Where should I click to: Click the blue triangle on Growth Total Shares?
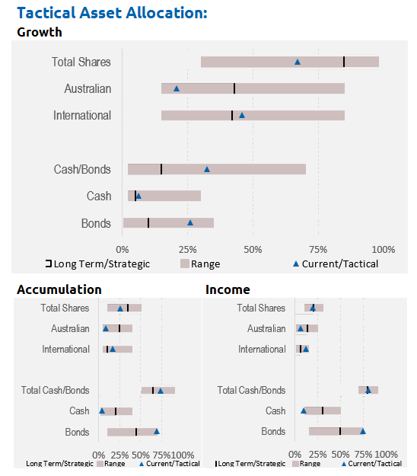[x=298, y=62]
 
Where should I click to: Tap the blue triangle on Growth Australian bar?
[x=177, y=88]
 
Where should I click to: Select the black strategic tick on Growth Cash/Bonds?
[x=161, y=169]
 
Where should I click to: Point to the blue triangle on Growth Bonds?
[x=190, y=223]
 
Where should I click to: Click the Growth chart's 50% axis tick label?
[x=253, y=250]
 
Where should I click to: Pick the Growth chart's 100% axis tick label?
[x=384, y=250]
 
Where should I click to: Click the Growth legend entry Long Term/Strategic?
[x=98, y=264]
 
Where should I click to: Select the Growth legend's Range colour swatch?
[x=185, y=264]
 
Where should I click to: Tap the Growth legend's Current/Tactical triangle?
[x=296, y=264]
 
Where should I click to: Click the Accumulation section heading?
[x=59, y=289]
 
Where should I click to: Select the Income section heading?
[x=228, y=289]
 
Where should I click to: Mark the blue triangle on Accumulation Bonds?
[x=157, y=431]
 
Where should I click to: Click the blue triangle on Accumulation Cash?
[x=102, y=411]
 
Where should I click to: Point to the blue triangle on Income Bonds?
[x=363, y=431]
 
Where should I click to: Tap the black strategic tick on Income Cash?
[x=323, y=411]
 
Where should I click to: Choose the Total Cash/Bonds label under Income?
[x=251, y=390]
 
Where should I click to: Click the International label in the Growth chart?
[x=82, y=115]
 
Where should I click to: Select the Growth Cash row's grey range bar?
[x=164, y=196]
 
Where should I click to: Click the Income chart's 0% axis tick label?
[x=294, y=455]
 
